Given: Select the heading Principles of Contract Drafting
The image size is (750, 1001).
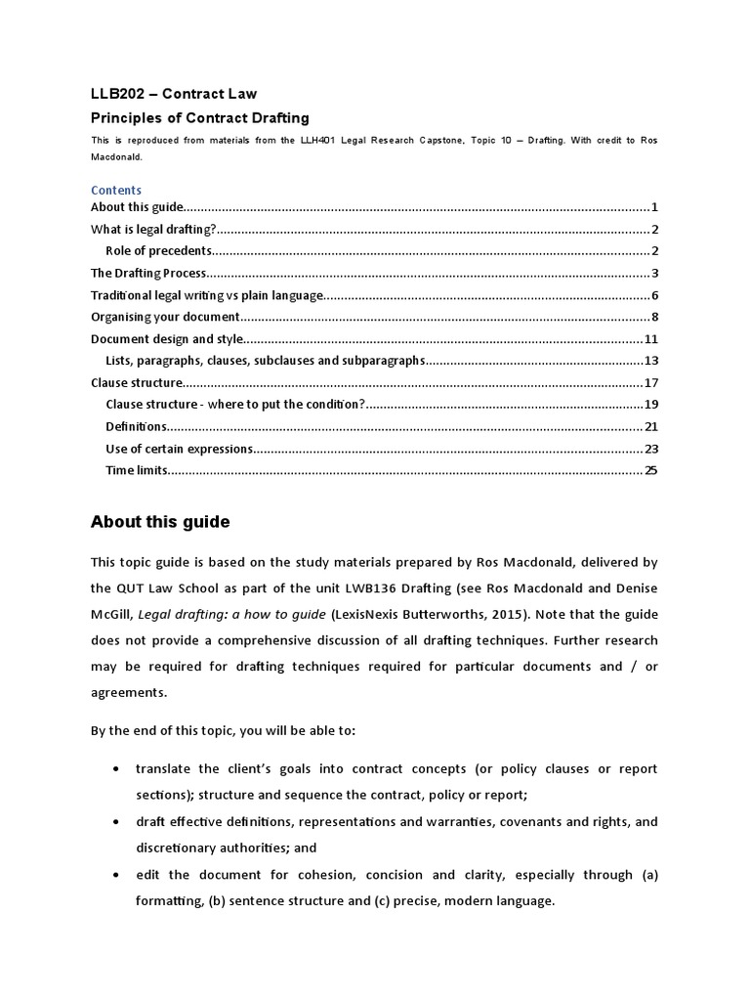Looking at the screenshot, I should (199, 118).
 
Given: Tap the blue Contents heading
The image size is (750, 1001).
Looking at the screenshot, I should (116, 190).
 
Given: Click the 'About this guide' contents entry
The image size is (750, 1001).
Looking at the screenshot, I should (136, 206).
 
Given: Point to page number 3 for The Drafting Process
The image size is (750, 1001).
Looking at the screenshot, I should (655, 273).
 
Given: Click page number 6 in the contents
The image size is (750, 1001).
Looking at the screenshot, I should (655, 295).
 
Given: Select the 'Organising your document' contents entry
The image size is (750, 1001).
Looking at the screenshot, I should (165, 317).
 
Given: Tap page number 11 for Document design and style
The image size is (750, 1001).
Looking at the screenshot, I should (651, 339).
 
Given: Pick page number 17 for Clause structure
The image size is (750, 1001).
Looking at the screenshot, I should (651, 382).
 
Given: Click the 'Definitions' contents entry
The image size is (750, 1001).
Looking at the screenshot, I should (137, 426).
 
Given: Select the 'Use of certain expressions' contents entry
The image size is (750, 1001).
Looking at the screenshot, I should (179, 449).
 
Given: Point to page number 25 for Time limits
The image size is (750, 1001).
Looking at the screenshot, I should (651, 470).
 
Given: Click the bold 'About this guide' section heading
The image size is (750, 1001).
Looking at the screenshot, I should (160, 522).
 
